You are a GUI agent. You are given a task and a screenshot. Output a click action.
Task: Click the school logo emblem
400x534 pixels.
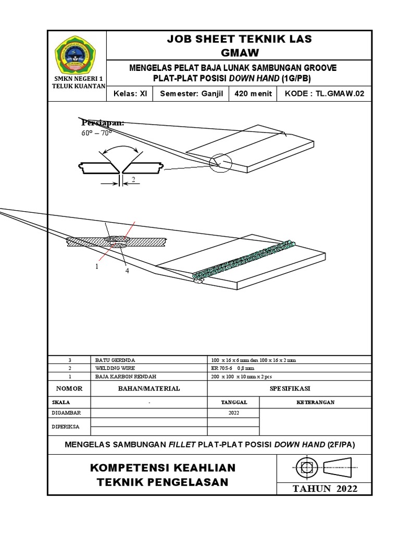[76, 55]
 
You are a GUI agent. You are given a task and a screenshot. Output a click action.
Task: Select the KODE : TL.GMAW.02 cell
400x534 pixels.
[325, 94]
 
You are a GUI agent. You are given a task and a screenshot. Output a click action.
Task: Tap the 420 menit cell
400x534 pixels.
[253, 94]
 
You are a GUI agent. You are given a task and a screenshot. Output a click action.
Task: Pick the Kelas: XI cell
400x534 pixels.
[130, 94]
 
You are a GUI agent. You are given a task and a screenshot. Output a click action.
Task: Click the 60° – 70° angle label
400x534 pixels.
[97, 132]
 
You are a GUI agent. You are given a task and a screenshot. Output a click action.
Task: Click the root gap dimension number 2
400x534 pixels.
[133, 179]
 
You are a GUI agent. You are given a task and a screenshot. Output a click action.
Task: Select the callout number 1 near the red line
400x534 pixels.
[96, 266]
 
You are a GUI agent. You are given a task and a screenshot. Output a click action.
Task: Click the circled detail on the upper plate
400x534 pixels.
[220, 163]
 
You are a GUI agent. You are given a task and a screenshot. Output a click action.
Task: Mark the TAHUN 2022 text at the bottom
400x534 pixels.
[325, 489]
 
